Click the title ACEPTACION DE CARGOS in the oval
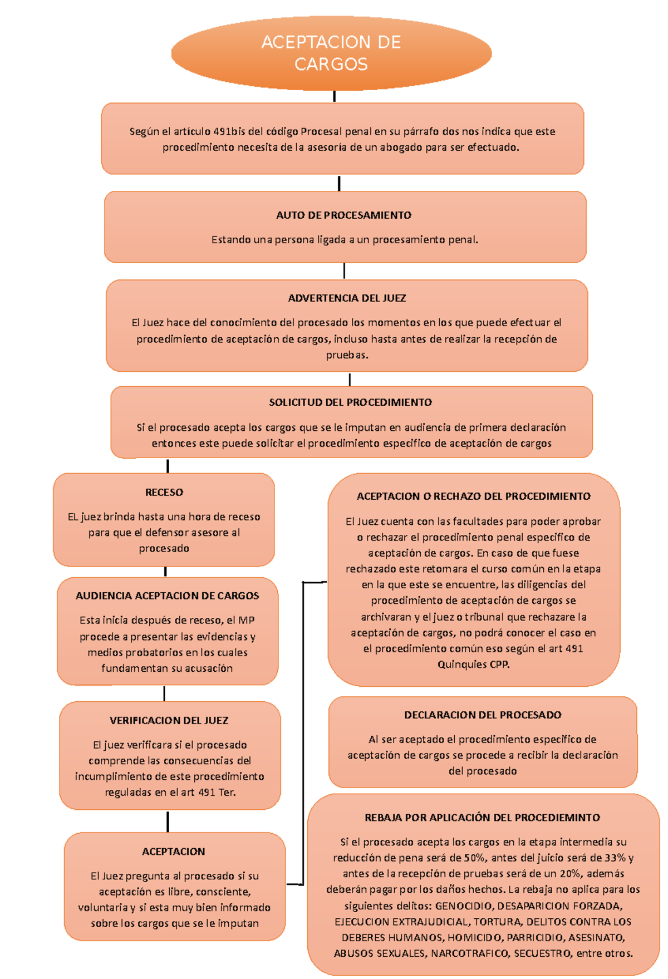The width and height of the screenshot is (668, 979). pyautogui.click(x=331, y=53)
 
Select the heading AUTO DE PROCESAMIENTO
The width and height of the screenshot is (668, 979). pyautogui.click(x=343, y=215)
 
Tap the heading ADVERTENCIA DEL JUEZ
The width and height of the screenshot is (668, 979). pyautogui.click(x=347, y=298)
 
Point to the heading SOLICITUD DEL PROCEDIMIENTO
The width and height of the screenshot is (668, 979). pyautogui.click(x=350, y=402)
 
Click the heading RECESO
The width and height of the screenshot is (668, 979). pyautogui.click(x=164, y=493)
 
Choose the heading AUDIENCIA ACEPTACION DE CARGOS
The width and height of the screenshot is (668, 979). pyautogui.click(x=167, y=596)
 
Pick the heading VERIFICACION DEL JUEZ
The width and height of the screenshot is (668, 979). pyautogui.click(x=169, y=721)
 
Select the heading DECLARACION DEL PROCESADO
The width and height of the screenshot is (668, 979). pyautogui.click(x=483, y=715)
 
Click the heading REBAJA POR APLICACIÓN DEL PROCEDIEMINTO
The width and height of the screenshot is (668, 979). pyautogui.click(x=482, y=818)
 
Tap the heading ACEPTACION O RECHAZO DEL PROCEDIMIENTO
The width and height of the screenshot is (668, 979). pyautogui.click(x=473, y=496)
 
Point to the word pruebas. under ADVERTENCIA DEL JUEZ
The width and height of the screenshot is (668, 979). pyautogui.click(x=347, y=355)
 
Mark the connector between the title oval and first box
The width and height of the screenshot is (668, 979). pyautogui.click(x=334, y=96)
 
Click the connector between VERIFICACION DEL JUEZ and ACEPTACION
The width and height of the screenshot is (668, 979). pyautogui.click(x=168, y=821)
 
